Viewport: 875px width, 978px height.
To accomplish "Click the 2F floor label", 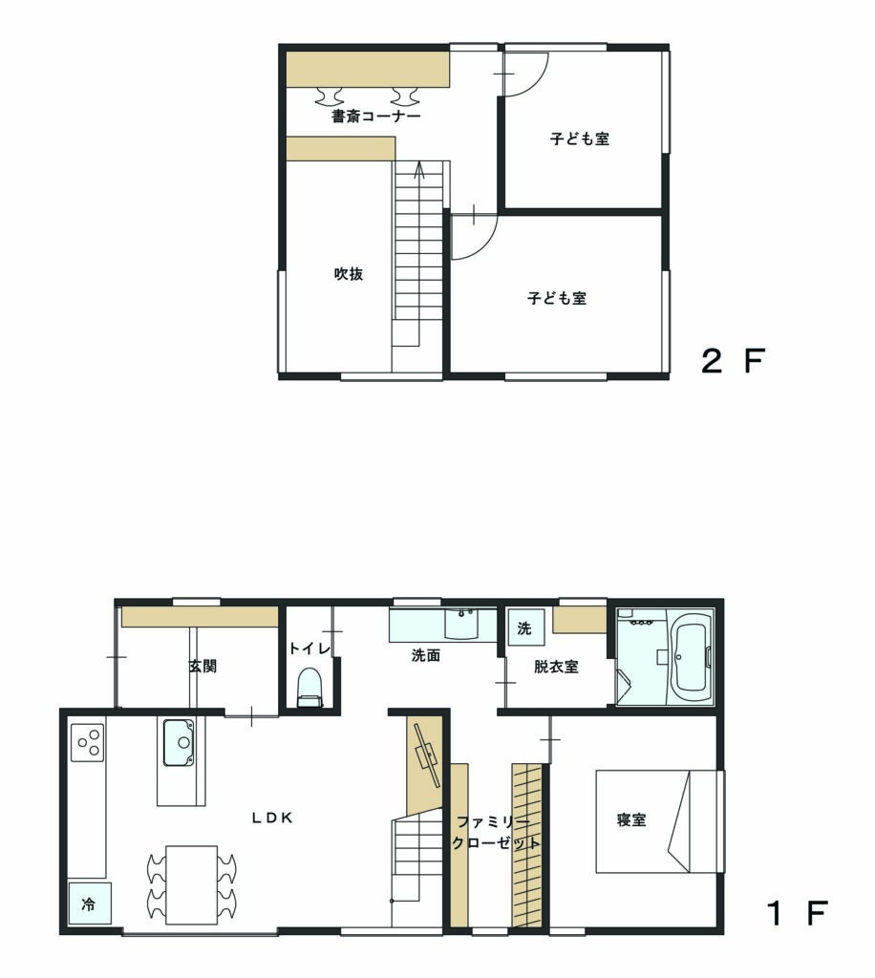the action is click(x=734, y=360).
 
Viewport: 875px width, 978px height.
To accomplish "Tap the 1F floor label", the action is click(x=798, y=913).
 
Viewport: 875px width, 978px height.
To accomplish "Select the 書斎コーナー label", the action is click(x=376, y=116).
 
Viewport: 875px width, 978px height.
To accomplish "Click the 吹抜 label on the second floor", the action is click(x=349, y=273).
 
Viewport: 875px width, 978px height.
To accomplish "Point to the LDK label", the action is click(x=272, y=818).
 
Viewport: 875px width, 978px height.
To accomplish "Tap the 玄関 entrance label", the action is click(x=203, y=666).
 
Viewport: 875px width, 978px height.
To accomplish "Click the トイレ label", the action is click(x=309, y=648).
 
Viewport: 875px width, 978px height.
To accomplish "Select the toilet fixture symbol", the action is click(x=309, y=688).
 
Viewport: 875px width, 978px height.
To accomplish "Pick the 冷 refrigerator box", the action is click(x=90, y=904).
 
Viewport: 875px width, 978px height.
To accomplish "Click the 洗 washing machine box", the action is click(x=525, y=627).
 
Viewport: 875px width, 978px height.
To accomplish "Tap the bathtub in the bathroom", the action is click(x=690, y=657).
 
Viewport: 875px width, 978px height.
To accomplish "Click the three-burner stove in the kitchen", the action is click(x=87, y=742).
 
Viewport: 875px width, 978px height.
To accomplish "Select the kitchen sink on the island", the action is click(x=179, y=742).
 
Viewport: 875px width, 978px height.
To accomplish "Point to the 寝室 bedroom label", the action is click(x=631, y=819).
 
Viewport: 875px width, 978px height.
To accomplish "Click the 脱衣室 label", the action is click(x=556, y=667).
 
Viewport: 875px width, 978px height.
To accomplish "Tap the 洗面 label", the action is click(x=426, y=655).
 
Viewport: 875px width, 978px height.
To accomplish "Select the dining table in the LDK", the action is click(x=191, y=884).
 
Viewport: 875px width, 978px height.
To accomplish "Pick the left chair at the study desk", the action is click(x=329, y=96).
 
